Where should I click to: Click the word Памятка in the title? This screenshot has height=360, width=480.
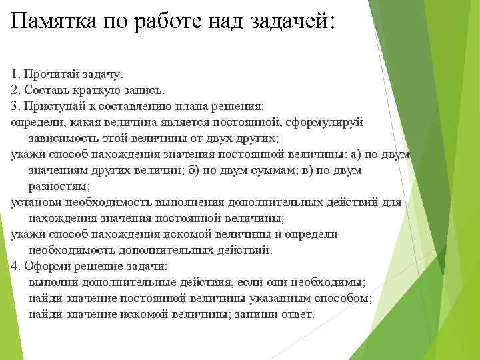point(53,22)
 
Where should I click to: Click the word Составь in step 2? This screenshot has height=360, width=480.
point(44,89)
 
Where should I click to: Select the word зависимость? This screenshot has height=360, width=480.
point(61,139)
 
